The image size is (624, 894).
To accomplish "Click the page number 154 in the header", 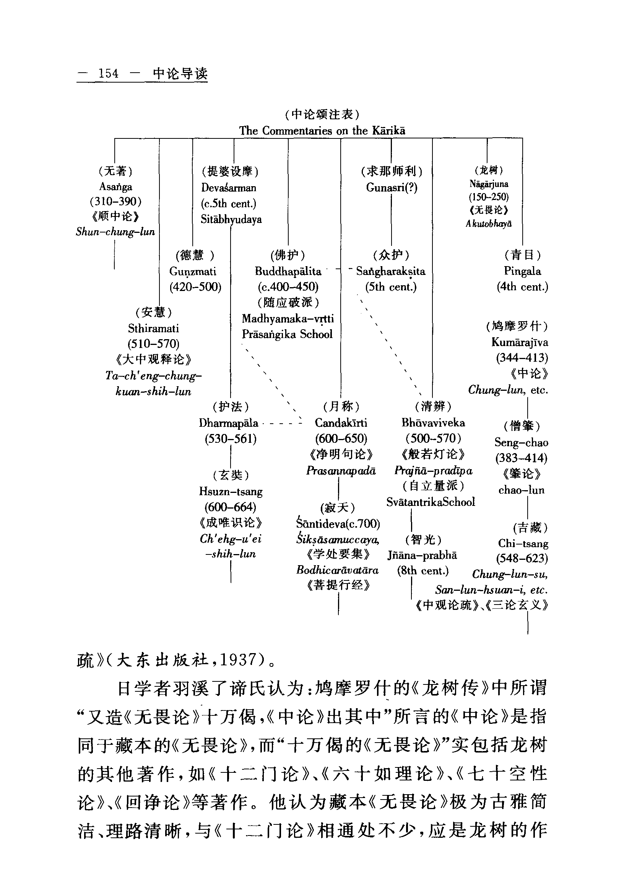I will (x=109, y=73).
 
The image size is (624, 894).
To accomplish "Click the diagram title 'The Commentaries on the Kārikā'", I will (x=322, y=131).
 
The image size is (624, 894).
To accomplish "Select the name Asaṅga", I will (x=115, y=187).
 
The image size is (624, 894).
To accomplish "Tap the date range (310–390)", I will (x=115, y=201).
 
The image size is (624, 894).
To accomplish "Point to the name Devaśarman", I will (x=229, y=188).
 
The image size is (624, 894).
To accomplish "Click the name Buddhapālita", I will (x=288, y=271).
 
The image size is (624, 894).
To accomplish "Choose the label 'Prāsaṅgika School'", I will (x=287, y=335).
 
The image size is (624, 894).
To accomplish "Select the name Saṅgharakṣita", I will (x=390, y=271).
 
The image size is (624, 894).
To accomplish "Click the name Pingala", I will (x=522, y=271).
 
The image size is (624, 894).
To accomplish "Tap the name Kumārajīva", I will (x=520, y=342).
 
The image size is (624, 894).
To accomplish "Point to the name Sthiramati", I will (x=153, y=328).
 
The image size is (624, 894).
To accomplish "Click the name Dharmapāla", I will (x=229, y=423).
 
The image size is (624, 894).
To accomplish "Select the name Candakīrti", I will (x=341, y=423).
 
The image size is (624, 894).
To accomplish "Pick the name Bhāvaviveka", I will (x=433, y=423).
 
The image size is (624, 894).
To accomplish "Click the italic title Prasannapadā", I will (x=341, y=471).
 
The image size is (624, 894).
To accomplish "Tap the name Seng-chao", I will (x=521, y=442).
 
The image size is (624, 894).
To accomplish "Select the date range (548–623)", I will (x=522, y=558).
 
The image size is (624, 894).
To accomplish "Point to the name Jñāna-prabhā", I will (x=422, y=555).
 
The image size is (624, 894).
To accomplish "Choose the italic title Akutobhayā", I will (x=489, y=224).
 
